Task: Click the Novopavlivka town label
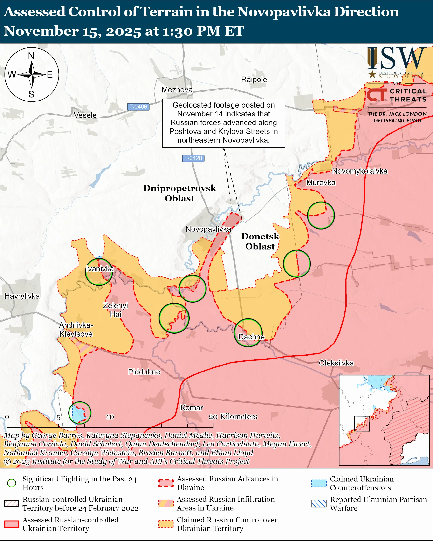[x=208, y=229]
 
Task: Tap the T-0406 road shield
[x=138, y=107]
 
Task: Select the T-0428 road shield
[x=193, y=158]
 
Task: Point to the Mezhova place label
[x=177, y=90]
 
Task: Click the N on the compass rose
[x=31, y=56]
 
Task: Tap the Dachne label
[x=251, y=337]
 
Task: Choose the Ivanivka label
[x=100, y=269]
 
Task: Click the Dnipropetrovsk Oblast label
[x=179, y=193]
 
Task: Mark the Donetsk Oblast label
[x=260, y=241]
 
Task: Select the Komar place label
[x=192, y=407]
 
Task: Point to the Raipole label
[x=254, y=80]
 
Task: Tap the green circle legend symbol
[x=12, y=483]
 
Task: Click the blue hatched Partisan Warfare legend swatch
[x=319, y=504]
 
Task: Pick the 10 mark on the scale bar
[x=110, y=417]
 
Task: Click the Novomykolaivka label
[x=359, y=171]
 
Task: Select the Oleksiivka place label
[x=336, y=363]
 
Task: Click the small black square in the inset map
[x=362, y=423]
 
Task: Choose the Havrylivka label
[x=22, y=296]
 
